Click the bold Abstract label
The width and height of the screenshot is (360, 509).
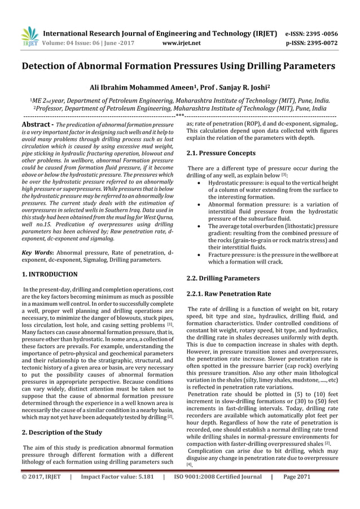(37, 124)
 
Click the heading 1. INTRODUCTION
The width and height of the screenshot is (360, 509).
(49, 274)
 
